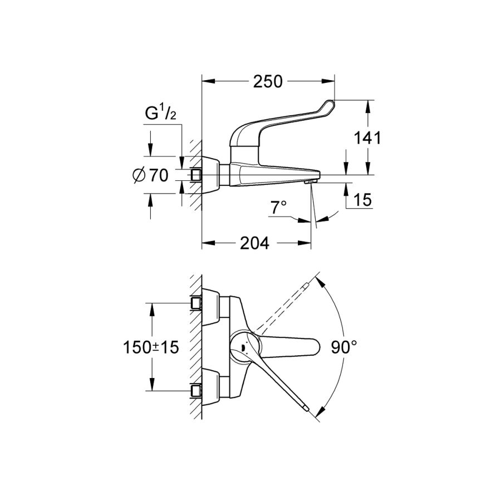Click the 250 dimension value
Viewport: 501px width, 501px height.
pyautogui.click(x=268, y=82)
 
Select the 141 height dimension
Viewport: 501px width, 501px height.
pyautogui.click(x=367, y=138)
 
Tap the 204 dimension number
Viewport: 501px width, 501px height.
pyautogui.click(x=254, y=243)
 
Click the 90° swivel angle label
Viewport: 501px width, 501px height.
pyautogui.click(x=344, y=347)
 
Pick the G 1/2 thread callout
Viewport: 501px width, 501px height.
pyautogui.click(x=161, y=114)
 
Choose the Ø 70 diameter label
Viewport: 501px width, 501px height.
pyautogui.click(x=150, y=175)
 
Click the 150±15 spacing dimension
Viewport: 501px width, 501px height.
pyautogui.click(x=151, y=347)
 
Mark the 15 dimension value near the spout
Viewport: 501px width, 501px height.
pyautogui.click(x=363, y=200)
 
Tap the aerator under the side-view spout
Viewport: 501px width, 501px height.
pyautogui.click(x=310, y=181)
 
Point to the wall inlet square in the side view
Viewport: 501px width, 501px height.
pyautogui.click(x=195, y=175)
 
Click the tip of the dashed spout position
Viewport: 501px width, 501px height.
pyautogui.click(x=307, y=284)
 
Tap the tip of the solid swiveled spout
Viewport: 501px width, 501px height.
pyautogui.click(x=307, y=409)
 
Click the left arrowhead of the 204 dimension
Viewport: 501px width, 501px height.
pyautogui.click(x=208, y=243)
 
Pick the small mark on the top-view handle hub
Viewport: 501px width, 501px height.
pyautogui.click(x=243, y=348)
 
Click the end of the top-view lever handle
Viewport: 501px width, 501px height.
pyautogui.click(x=316, y=347)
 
